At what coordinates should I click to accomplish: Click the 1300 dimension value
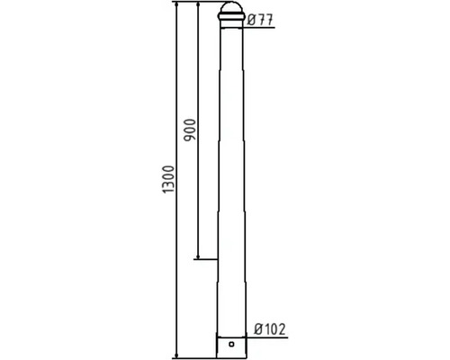168,179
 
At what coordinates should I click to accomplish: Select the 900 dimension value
190,130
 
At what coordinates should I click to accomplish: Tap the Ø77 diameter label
261,21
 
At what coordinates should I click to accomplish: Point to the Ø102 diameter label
270,329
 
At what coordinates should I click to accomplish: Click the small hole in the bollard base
231,344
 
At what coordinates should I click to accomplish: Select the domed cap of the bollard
231,7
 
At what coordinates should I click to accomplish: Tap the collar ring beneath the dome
231,17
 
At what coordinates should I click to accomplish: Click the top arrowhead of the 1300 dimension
176,4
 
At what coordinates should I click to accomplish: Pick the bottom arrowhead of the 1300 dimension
176,355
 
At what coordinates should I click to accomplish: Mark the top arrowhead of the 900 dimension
198,4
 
